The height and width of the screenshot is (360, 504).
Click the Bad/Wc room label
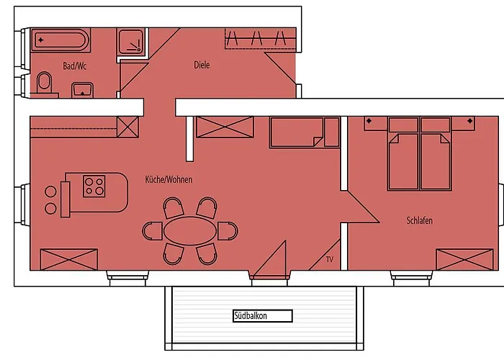pyautogui.click(x=75, y=66)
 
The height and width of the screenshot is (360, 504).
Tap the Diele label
pyautogui.click(x=202, y=65)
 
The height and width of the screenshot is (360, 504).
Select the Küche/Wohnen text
pyautogui.click(x=168, y=179)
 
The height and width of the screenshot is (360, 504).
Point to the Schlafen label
pyautogui.click(x=419, y=220)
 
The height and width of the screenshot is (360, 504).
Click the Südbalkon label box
pyautogui.click(x=262, y=315)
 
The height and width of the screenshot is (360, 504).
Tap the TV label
pyautogui.click(x=330, y=258)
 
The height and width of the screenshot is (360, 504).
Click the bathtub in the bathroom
pyautogui.click(x=60, y=40)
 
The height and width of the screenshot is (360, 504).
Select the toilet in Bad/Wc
pyautogui.click(x=45, y=83)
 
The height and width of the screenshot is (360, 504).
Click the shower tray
pyautogui.click(x=132, y=42)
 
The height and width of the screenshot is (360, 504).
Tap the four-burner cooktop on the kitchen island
pyautogui.click(x=94, y=186)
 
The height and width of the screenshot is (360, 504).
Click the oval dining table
pyautogui.click(x=190, y=231)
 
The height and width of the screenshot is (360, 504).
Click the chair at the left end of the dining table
pyautogui.click(x=153, y=231)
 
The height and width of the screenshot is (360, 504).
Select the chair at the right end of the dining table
pyautogui.click(x=228, y=231)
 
